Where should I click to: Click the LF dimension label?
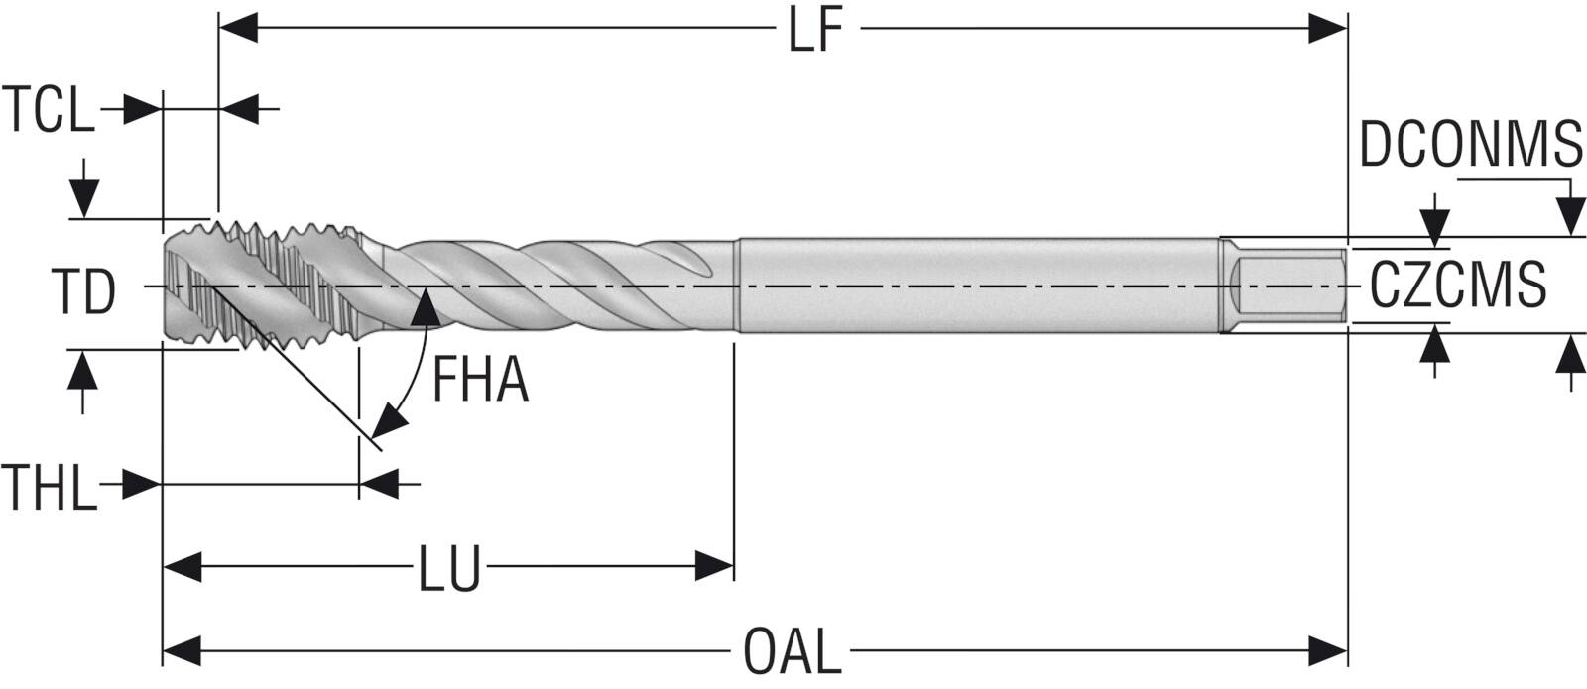pyautogui.click(x=815, y=31)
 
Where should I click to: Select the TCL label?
pyautogui.click(x=48, y=109)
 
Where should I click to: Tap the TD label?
pyautogui.click(x=83, y=291)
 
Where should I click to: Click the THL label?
pyautogui.click(x=49, y=487)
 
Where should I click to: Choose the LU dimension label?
pyautogui.click(x=449, y=568)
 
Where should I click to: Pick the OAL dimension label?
pyautogui.click(x=793, y=651)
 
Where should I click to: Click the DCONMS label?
pyautogui.click(x=1471, y=144)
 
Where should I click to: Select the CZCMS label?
pyautogui.click(x=1458, y=285)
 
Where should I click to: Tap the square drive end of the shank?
pyautogui.click(x=1286, y=287)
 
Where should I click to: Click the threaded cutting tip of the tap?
pyautogui.click(x=262, y=287)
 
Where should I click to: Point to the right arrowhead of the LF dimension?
pyautogui.click(x=1327, y=29)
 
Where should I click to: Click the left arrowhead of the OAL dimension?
pyautogui.click(x=183, y=650)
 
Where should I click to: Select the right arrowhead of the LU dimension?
pyautogui.click(x=714, y=566)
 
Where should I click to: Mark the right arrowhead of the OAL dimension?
pyautogui.click(x=1327, y=650)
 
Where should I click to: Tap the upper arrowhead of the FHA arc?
pyautogui.click(x=427, y=306)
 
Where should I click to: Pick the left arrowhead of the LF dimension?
pyautogui.click(x=239, y=29)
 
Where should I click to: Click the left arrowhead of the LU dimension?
pyautogui.click(x=183, y=566)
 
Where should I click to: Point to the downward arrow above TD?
pyautogui.click(x=84, y=188)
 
